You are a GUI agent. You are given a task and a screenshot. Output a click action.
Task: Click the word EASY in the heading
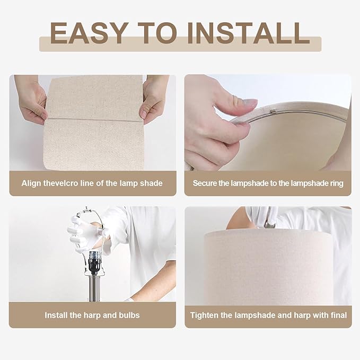(x=89, y=33)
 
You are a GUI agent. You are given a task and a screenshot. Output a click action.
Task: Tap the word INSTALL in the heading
(x=249, y=33)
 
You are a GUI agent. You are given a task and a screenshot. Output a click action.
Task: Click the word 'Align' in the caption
(x=31, y=183)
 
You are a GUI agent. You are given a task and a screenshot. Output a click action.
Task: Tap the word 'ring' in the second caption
(x=337, y=183)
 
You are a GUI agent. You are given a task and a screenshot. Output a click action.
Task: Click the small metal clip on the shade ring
(x=273, y=111)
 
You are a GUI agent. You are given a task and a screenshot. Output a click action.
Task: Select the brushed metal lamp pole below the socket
(x=94, y=288)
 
